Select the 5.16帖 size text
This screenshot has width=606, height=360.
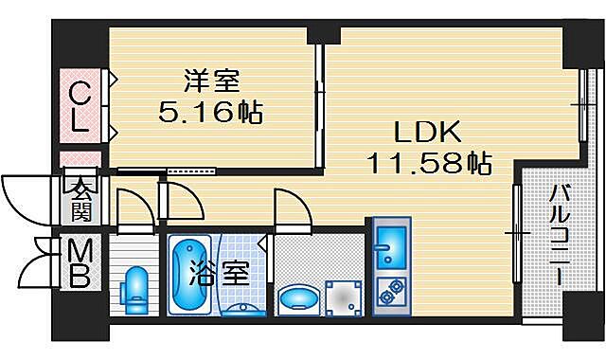(209, 114)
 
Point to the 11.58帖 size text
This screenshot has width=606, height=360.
(428, 163)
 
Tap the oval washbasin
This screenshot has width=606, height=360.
(299, 297)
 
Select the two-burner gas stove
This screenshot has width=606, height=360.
(389, 292)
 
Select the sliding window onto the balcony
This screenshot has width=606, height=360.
(517, 230)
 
